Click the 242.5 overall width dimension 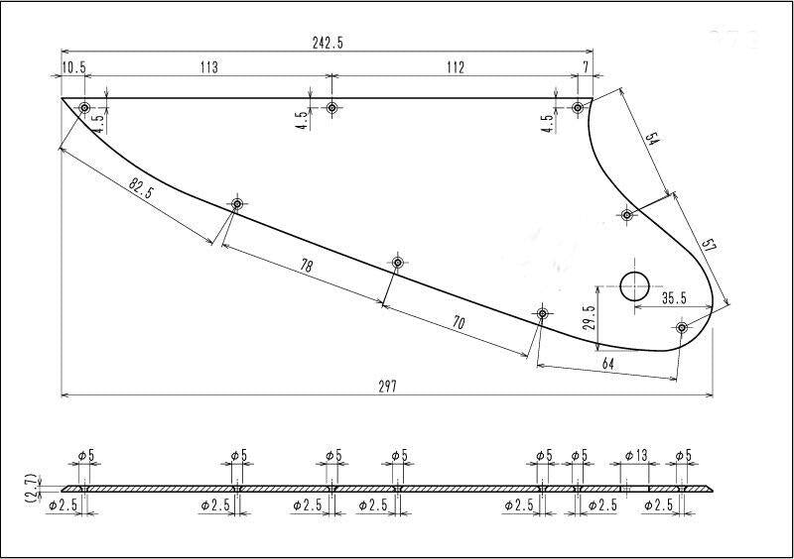pos(328,43)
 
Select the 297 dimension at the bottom pos(388,387)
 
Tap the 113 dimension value pos(208,66)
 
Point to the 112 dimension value pos(456,66)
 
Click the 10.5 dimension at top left pos(73,67)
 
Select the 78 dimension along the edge pos(306,266)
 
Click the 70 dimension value pos(458,322)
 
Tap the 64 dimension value pos(608,363)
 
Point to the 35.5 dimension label pos(674,298)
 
